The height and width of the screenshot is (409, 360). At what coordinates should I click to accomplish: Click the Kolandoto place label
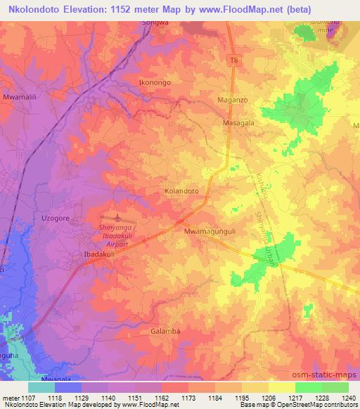[181, 190]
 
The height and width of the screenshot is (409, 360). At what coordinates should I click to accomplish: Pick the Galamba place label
[166, 331]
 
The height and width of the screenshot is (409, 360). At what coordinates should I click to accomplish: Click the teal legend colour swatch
[41, 387]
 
